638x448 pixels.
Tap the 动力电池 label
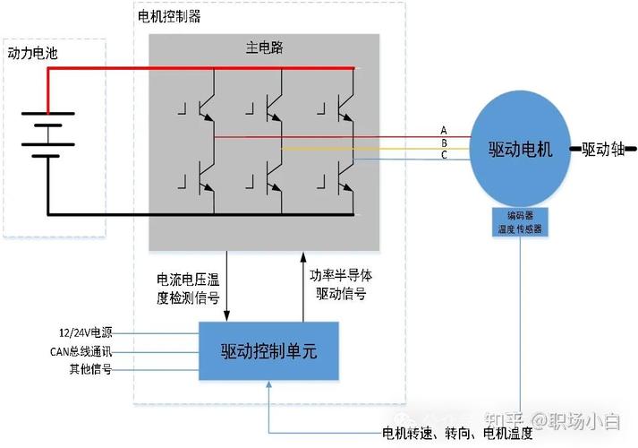point(32,54)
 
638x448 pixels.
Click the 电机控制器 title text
point(168,16)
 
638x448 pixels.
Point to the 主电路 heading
point(264,47)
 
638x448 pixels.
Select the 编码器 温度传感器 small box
point(520,222)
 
